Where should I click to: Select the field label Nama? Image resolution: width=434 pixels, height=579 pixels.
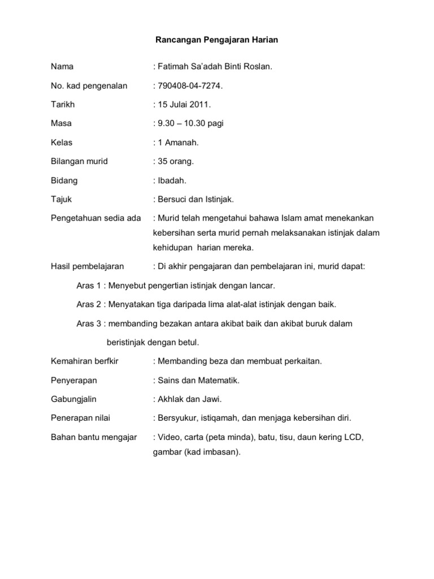coord(62,67)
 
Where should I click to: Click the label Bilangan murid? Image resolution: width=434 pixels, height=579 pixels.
coord(79,162)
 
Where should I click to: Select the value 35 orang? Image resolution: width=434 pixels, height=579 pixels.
coord(176,162)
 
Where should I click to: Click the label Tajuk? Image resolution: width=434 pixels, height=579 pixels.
coord(62,200)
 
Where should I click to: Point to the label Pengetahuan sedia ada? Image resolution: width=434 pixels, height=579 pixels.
coord(96,218)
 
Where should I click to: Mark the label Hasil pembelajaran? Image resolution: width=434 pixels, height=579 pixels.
coord(88,266)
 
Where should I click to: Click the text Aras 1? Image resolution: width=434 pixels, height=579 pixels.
coord(88,285)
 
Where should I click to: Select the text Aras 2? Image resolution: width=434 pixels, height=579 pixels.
coord(88,304)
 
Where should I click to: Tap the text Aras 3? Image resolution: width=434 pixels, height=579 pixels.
coord(88,323)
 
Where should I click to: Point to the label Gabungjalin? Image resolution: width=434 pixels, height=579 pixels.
coord(74,399)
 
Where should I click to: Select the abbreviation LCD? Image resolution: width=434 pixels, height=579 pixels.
coord(354,437)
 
